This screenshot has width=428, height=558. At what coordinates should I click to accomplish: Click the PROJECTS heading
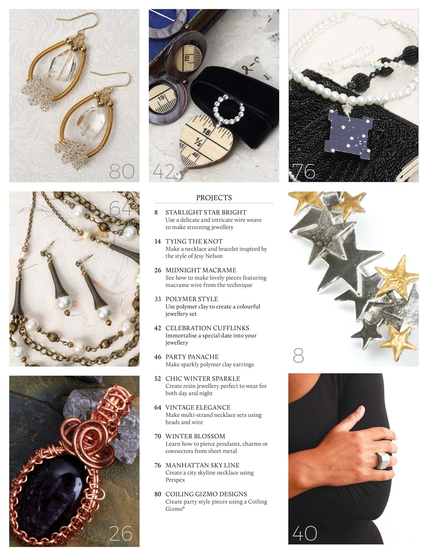[x=214, y=197]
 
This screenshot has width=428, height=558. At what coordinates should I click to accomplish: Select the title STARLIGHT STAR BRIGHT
[x=206, y=212]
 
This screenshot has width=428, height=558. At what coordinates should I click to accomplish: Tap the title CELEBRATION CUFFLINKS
[x=207, y=328]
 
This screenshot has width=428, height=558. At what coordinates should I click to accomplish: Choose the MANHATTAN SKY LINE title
[x=202, y=465]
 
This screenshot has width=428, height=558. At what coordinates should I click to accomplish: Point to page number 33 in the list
[x=158, y=299]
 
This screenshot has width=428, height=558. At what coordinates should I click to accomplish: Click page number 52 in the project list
[x=158, y=378]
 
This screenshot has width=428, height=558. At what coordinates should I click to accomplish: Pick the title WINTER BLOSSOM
[x=195, y=436]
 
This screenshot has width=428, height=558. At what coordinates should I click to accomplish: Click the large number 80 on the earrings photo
[x=122, y=171]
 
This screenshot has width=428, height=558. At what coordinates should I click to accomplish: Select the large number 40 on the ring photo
[x=305, y=533]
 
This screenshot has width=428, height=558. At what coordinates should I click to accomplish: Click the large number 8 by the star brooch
[x=299, y=356]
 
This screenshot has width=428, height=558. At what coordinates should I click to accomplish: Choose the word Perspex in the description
[x=175, y=480]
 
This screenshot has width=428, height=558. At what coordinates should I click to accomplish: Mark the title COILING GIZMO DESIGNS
[x=206, y=494]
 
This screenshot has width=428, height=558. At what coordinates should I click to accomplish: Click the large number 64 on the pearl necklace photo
[x=121, y=208]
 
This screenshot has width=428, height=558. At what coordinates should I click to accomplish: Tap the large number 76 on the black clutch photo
[x=304, y=171]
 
